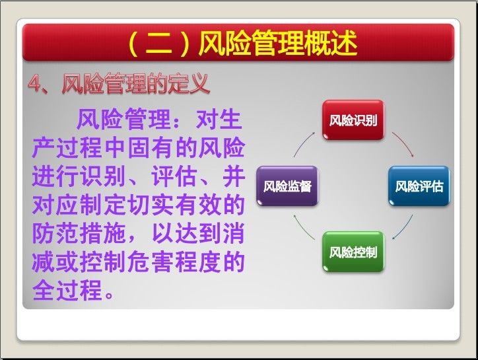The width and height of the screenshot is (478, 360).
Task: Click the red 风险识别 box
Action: (x=353, y=120)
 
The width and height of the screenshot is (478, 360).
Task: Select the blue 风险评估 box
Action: (x=419, y=186)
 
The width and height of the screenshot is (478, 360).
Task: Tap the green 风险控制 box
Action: (x=353, y=252)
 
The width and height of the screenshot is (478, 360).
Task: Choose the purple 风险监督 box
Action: (x=287, y=186)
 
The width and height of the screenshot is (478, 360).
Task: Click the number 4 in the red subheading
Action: (x=35, y=83)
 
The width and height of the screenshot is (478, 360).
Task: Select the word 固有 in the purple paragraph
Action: (x=151, y=147)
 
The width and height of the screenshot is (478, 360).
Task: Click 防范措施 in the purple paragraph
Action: (x=79, y=233)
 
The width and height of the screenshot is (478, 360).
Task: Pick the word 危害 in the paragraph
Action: (x=151, y=262)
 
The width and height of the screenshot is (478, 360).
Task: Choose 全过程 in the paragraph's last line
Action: (x=67, y=290)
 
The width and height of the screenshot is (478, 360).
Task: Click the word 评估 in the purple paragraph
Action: (x=174, y=176)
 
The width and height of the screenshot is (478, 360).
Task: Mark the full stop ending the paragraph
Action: (x=109, y=295)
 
